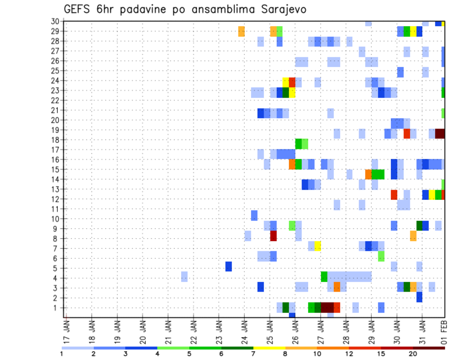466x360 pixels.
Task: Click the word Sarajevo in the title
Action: (x=283, y=9)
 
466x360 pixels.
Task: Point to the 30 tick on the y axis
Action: (x=55, y=21)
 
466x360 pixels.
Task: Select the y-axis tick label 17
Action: (x=55, y=149)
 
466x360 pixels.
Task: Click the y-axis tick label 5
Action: (x=57, y=268)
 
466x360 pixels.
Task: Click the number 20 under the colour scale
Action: (x=413, y=354)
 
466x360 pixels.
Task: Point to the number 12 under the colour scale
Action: (x=349, y=354)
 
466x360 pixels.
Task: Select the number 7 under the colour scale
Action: (x=253, y=354)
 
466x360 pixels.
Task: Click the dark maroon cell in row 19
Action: (x=440, y=133)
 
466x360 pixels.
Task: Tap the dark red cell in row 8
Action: (x=273, y=236)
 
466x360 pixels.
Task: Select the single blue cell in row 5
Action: (x=229, y=266)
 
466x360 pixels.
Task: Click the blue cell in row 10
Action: (x=254, y=215)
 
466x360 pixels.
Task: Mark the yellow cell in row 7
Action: (x=317, y=246)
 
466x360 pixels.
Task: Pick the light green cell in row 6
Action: (x=381, y=256)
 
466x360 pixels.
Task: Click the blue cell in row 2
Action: (x=419, y=297)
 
